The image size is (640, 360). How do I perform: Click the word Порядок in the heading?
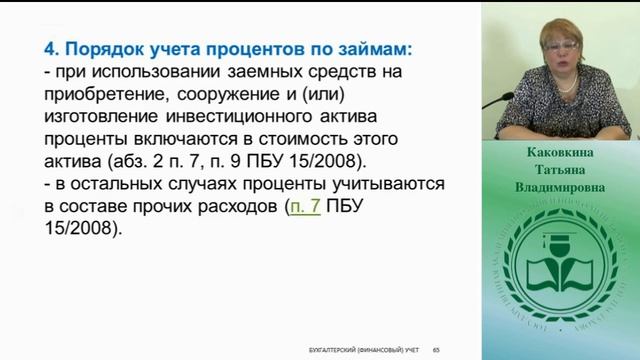tap(107, 47)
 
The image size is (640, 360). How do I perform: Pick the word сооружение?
tap(226, 95)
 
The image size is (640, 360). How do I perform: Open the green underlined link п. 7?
tap(304, 206)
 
